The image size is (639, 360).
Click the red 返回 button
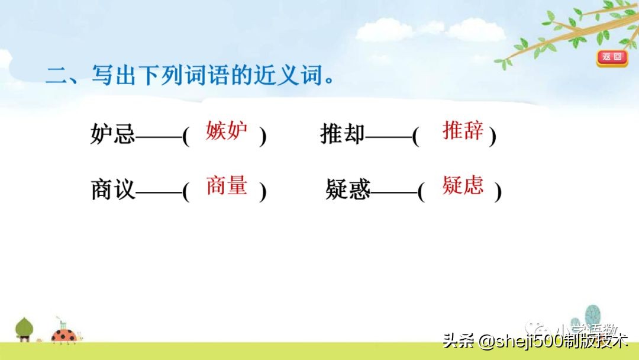click(x=611, y=57)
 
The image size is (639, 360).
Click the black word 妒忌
click(x=113, y=136)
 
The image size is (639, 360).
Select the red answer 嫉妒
click(x=227, y=131)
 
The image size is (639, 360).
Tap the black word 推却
click(x=343, y=135)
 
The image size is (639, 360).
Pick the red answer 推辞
click(x=463, y=130)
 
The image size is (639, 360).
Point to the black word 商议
click(x=113, y=190)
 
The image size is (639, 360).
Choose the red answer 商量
click(x=227, y=185)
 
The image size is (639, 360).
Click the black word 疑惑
click(x=347, y=190)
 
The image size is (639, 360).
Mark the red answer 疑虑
click(x=463, y=185)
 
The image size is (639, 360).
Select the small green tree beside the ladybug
click(x=24, y=329)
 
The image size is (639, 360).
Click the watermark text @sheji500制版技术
click(x=553, y=342)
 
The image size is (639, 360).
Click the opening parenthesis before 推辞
click(x=416, y=137)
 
